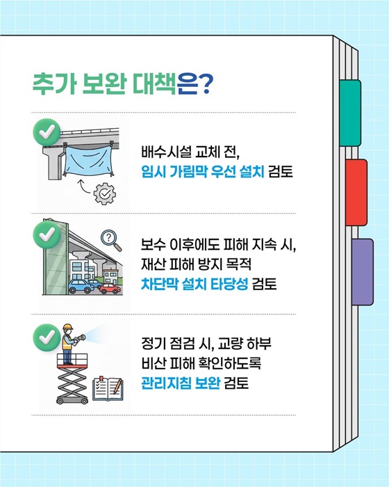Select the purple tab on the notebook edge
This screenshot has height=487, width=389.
coord(362,271)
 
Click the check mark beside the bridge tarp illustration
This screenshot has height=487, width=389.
coord(47,131)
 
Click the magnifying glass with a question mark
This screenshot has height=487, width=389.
coord(108,239)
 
